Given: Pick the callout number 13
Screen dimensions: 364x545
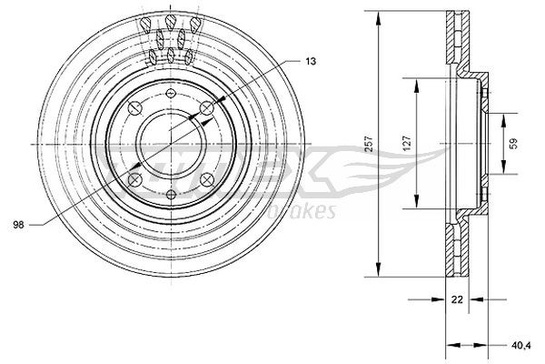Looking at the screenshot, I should tap(311, 60).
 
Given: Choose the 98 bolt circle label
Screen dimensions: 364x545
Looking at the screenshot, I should tap(18, 222).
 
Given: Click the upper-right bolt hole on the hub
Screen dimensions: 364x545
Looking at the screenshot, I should tap(205, 108).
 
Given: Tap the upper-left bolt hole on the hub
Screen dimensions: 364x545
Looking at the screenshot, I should tap(135, 108).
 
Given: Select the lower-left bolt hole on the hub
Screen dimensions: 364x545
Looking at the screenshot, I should tap(135, 178).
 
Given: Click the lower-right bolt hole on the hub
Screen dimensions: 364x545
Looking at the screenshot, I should tap(205, 178).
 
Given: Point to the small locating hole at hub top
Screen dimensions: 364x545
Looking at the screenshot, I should tap(170, 94).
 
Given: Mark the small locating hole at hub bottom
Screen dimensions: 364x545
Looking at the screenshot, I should tap(170, 193).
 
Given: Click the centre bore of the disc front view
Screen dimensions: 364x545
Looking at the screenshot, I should tap(170, 143).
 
